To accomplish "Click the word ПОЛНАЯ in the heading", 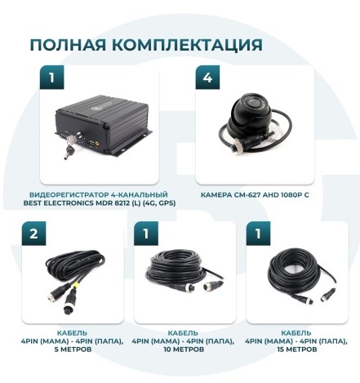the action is [x=68, y=45].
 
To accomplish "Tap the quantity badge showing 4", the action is [x=207, y=78].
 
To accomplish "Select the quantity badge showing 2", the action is [x=33, y=234].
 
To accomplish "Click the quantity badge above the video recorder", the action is [x=51, y=78].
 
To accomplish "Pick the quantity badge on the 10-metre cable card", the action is [x=146, y=234].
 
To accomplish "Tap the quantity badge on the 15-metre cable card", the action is [x=258, y=234].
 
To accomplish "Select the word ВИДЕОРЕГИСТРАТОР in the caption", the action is [x=69, y=195].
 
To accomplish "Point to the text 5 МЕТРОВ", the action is [x=73, y=350].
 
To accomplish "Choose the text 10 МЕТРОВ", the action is [x=184, y=350].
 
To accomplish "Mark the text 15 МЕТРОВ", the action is [x=297, y=350].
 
